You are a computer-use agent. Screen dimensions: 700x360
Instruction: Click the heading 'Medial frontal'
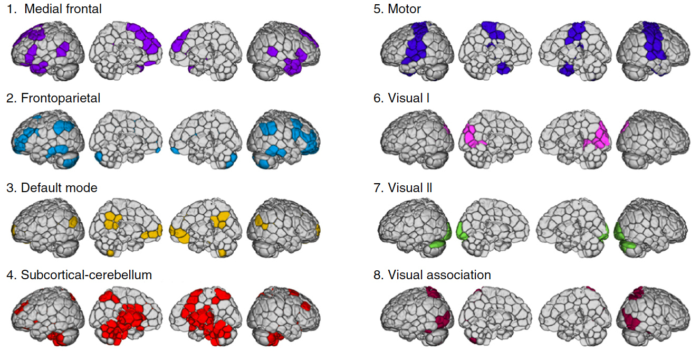click(x=63, y=9)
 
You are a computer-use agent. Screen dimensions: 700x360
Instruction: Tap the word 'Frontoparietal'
click(x=61, y=98)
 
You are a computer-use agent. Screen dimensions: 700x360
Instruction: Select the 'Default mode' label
click(x=59, y=188)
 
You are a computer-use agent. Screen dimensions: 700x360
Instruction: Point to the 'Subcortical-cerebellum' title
click(x=87, y=274)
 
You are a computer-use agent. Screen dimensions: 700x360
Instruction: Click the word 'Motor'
click(x=404, y=9)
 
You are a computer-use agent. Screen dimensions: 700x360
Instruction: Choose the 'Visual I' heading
click(x=408, y=98)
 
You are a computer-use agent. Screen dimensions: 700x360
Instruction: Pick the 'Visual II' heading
click(x=410, y=188)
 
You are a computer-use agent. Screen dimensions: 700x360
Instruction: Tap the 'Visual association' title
click(x=439, y=274)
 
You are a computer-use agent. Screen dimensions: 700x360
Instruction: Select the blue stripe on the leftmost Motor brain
click(x=415, y=44)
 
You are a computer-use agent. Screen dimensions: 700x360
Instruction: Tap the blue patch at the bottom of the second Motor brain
click(x=503, y=68)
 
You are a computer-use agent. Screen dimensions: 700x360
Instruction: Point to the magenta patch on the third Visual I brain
click(x=599, y=136)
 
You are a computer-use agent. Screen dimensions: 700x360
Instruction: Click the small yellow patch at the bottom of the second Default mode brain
click(x=110, y=253)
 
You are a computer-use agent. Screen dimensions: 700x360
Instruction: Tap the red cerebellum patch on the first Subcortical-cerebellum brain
click(x=57, y=338)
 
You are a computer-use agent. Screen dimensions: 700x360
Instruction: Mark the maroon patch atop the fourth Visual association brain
click(x=637, y=293)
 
